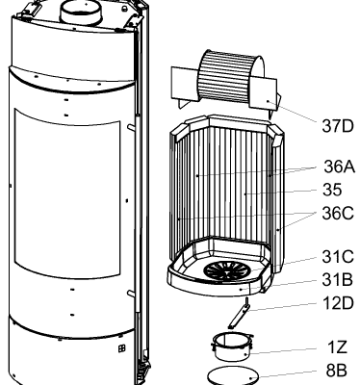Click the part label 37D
tap(337, 126)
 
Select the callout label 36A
tap(340, 167)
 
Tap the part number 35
tap(332, 190)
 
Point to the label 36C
tap(338, 214)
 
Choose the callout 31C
tap(338, 257)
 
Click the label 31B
tap(337, 280)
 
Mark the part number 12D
tap(338, 303)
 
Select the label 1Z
tap(337, 347)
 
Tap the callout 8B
tap(337, 371)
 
